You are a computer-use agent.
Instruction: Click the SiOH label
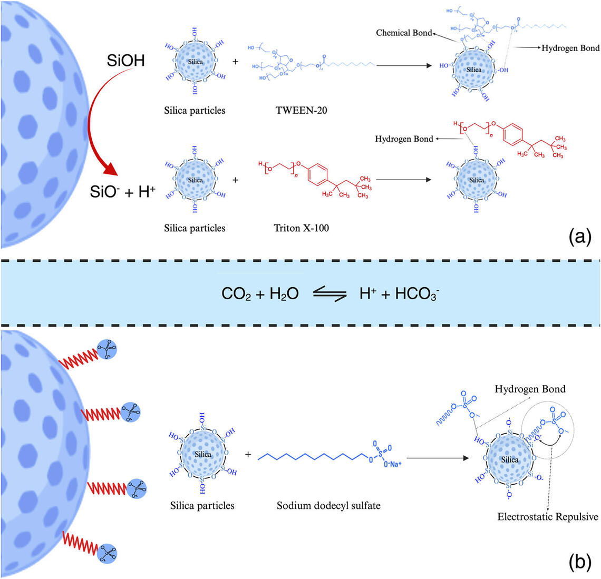[x=126, y=61]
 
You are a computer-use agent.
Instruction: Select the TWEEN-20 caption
[x=301, y=111]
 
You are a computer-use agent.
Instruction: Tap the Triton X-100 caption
[x=301, y=228]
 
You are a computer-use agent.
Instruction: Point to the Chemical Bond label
[x=404, y=33]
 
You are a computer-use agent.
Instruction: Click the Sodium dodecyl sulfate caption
[x=328, y=506]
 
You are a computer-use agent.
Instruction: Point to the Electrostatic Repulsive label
[x=548, y=516]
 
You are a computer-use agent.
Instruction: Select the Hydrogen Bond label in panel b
[x=530, y=389]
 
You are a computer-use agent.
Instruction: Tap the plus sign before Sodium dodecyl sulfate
[x=248, y=454]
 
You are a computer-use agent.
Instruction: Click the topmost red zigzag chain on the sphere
[x=79, y=357]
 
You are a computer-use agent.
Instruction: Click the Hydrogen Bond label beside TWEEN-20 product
[x=571, y=48]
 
